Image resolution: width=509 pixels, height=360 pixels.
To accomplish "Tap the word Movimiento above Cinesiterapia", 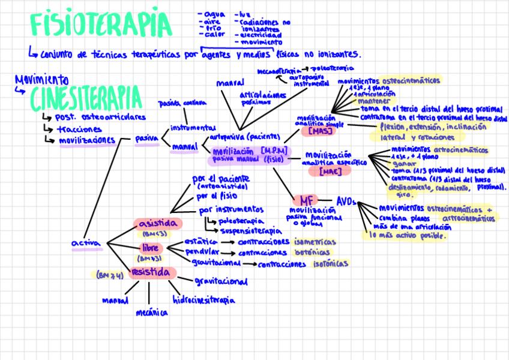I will [41, 79].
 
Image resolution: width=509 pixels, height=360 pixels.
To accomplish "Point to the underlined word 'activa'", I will [86, 243].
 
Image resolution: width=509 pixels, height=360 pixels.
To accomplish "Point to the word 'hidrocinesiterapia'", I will [203, 299].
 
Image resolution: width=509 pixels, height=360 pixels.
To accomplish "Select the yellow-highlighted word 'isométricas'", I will [315, 242].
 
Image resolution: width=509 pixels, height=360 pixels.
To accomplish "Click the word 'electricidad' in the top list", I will [261, 35].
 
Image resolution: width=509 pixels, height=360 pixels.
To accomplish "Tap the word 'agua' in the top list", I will [214, 14].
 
